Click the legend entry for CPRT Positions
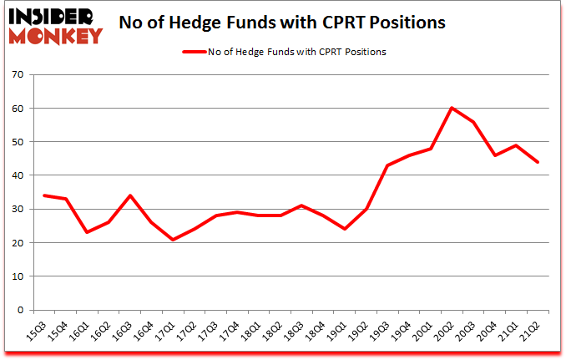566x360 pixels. click(285, 52)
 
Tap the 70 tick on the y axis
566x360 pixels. click(17, 75)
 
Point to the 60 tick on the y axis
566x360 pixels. click(17, 109)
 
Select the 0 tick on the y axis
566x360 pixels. click(19, 310)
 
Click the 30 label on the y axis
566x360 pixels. click(17, 210)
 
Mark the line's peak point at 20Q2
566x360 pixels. click(451, 108)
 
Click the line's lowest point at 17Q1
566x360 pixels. click(172, 240)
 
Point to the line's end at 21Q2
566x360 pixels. click(538, 162)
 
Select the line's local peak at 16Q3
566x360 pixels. click(129, 195)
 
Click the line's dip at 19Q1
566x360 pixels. click(343, 229)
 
